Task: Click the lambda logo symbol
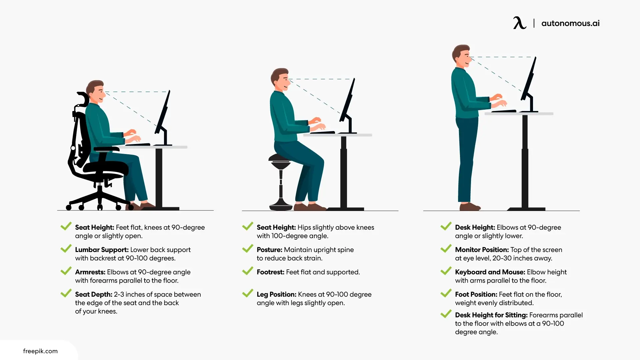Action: pos(520,23)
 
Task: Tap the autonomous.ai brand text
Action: pos(570,23)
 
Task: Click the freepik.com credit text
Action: pos(40,351)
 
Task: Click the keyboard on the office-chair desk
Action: pos(138,145)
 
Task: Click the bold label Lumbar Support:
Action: pos(102,250)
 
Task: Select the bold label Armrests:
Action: pos(90,272)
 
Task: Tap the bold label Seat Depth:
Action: pos(94,294)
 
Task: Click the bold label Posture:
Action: pos(269,250)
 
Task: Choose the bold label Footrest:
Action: pos(270,272)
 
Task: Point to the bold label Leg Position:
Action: pos(276,294)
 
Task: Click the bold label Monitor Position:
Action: pos(482,250)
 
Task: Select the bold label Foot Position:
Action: pos(476,294)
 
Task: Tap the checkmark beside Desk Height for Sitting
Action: pos(446,314)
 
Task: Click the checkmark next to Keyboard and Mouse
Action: pos(446,271)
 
